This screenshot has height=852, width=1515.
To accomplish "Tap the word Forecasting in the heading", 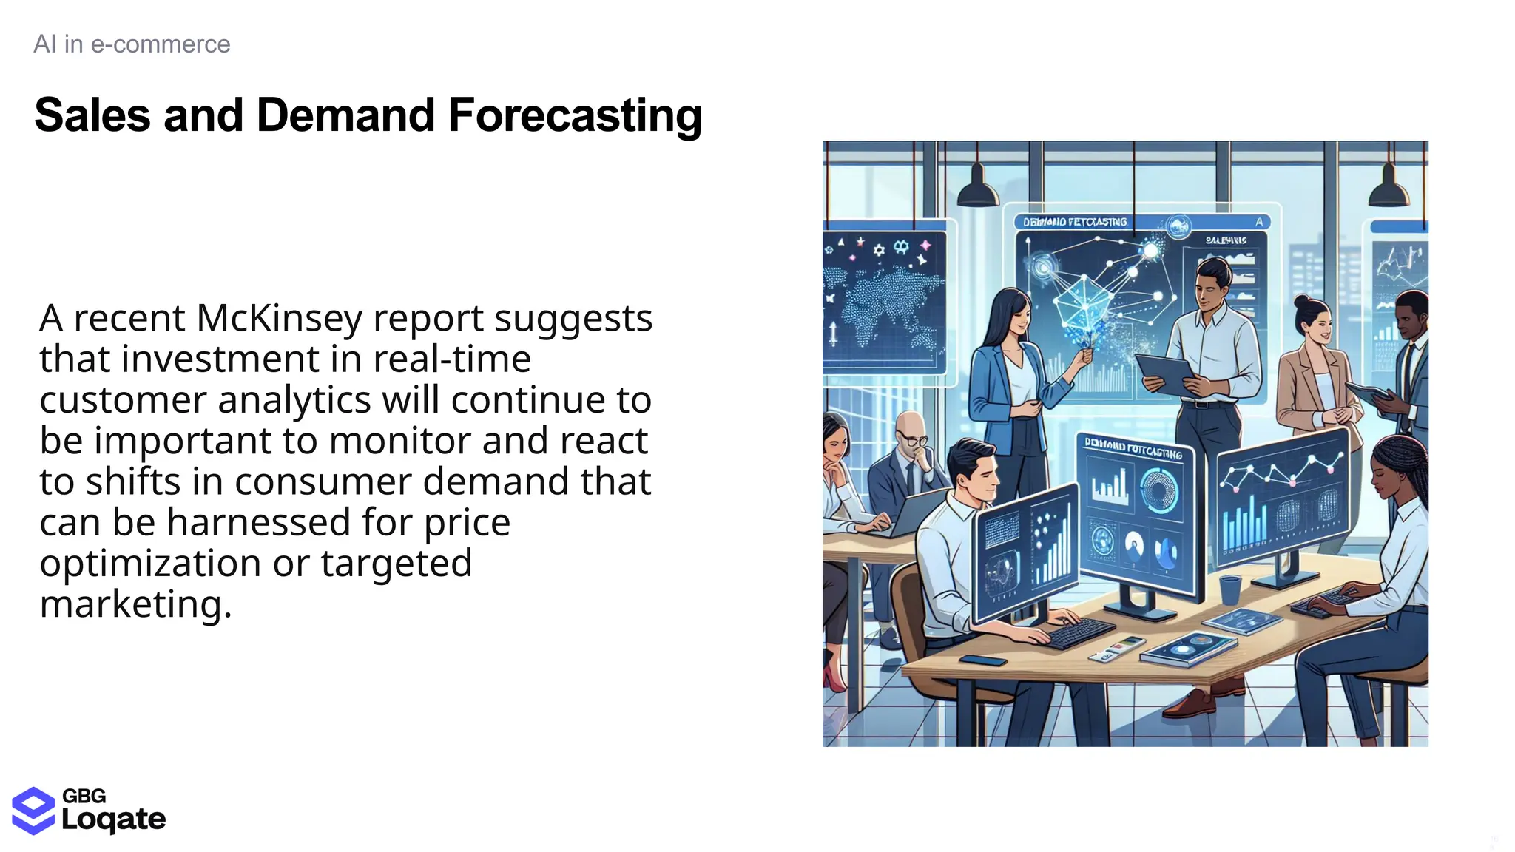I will coord(574,116).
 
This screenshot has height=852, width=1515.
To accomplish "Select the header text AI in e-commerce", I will coord(132,44).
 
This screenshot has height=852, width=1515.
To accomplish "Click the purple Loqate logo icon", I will coord(33,811).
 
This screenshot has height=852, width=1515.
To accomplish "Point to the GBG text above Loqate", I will coord(84,796).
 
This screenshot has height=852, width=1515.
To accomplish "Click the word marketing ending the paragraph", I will coord(135,605).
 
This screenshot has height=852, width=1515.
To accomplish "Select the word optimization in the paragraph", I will coord(149,564).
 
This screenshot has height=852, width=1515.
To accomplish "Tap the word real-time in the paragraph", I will coord(451,360).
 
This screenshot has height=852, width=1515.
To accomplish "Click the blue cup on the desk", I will coord(1229,589).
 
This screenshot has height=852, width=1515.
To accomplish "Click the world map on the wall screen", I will coord(884,303).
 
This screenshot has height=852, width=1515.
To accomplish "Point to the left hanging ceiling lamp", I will coord(977,189).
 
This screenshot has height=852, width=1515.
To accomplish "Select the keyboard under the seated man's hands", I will coord(1080,633).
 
